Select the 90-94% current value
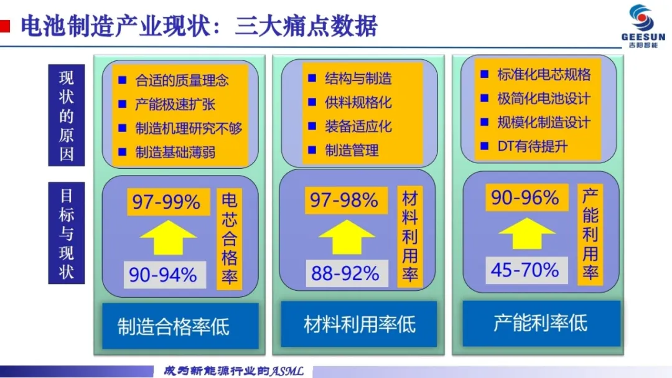(x=164, y=275)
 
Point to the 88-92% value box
(x=347, y=273)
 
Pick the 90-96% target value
(x=527, y=197)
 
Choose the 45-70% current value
(x=527, y=270)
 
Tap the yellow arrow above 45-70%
(x=527, y=234)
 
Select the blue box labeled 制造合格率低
(x=180, y=326)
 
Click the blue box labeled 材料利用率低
(x=359, y=324)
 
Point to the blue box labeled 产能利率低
(x=541, y=323)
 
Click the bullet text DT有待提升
(x=532, y=147)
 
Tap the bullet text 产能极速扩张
(x=175, y=104)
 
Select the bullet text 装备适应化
(x=358, y=126)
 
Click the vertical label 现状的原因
(x=67, y=115)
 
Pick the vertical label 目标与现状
(x=67, y=233)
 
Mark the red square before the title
(x=5, y=26)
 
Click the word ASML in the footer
(x=286, y=371)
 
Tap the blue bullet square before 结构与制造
(x=312, y=78)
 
